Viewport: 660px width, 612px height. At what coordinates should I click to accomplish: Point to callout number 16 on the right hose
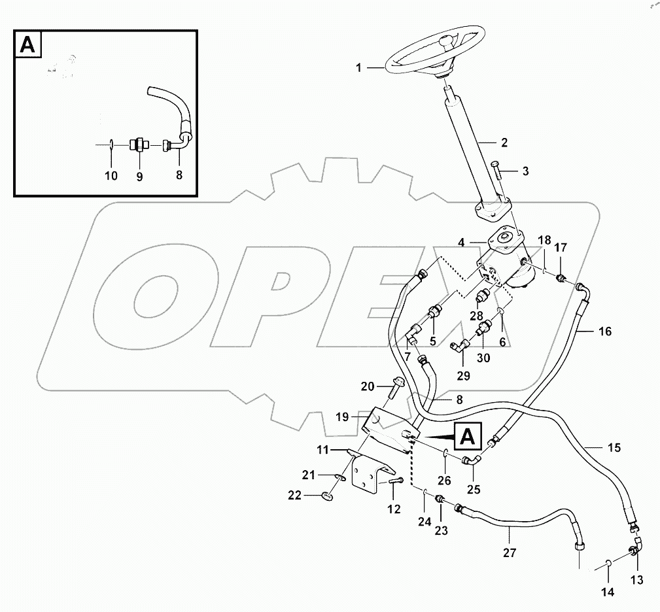[604, 331]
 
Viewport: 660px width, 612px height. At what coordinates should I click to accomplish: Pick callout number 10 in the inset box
[111, 176]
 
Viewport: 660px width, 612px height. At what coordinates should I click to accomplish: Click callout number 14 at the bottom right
[608, 592]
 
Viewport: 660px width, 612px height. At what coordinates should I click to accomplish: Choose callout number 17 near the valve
[561, 248]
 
